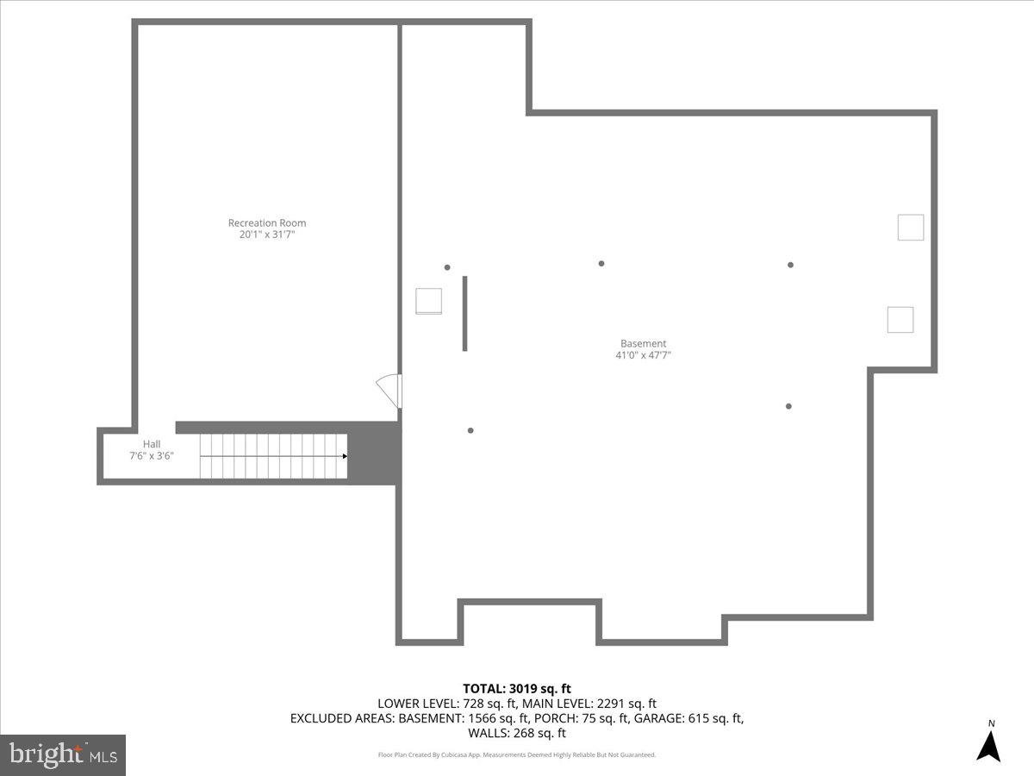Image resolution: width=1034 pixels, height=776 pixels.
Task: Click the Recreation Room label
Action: tap(267, 222)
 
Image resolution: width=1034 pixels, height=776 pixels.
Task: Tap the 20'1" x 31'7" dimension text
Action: tap(267, 234)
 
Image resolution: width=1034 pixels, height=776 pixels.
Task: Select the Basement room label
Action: tap(643, 343)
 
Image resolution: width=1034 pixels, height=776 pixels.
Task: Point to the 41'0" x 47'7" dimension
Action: tap(643, 354)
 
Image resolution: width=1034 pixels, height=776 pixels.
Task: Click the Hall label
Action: tap(152, 444)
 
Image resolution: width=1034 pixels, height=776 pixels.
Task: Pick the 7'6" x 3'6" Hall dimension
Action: tap(152, 455)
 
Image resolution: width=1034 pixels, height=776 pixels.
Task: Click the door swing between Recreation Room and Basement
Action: tap(389, 390)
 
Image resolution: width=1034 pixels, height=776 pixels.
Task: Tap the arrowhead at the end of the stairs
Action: tap(345, 456)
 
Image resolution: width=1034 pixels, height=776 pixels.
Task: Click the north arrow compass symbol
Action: tap(988, 746)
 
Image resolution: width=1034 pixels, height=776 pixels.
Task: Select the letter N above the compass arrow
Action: tap(991, 723)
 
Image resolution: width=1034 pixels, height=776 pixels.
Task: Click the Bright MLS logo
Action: tap(63, 754)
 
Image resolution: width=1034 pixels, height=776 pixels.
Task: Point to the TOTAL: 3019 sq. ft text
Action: tap(517, 688)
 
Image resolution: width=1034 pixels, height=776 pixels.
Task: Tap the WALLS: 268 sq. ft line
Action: tap(517, 733)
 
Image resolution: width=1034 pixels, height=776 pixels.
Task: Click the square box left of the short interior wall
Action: tap(429, 301)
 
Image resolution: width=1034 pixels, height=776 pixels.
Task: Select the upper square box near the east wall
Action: tap(911, 227)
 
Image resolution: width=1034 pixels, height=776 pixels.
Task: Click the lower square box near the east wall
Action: tap(900, 319)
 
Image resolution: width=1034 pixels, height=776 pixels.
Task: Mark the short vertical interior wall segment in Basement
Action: tap(465, 313)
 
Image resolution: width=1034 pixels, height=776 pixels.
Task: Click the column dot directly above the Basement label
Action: tap(601, 263)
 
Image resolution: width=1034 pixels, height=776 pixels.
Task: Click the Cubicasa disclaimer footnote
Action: tap(517, 754)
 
